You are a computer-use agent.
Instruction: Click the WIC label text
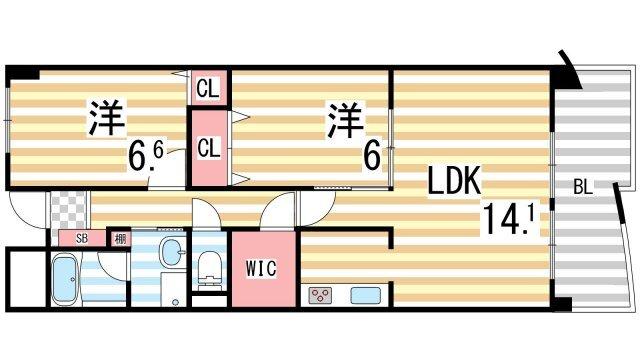coord(262,268)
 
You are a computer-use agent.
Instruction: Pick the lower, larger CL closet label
coord(208,148)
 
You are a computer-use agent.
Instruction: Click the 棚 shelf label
coord(119,239)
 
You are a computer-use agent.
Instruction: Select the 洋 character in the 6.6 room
coord(106,118)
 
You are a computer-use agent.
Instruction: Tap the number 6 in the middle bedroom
coord(372,158)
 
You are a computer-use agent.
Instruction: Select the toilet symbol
coord(209,265)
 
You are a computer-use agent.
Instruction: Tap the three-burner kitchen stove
coord(323,295)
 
